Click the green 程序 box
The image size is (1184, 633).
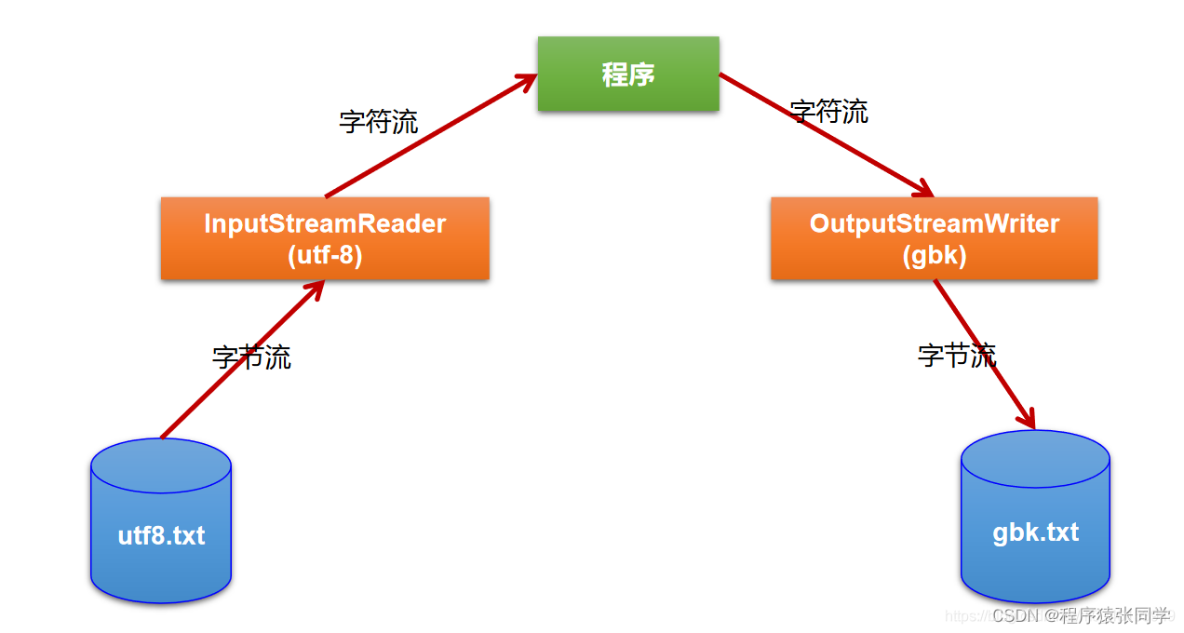[x=628, y=74]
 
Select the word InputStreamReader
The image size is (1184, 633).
[x=325, y=224]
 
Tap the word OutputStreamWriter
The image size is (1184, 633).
[x=935, y=224]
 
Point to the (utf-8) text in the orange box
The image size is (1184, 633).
[x=325, y=255]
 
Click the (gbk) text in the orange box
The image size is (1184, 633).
[x=935, y=255]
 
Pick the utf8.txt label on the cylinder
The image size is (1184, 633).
[x=161, y=536]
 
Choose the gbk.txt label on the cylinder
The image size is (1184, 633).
[x=1035, y=532]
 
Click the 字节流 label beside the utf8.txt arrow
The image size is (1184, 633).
[x=251, y=357]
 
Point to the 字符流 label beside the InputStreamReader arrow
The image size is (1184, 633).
[x=379, y=121]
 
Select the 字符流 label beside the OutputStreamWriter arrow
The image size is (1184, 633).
[x=829, y=112]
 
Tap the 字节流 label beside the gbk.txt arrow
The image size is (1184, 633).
[x=957, y=355]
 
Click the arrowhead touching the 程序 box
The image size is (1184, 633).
[x=526, y=81]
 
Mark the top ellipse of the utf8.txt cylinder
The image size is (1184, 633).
[x=161, y=465]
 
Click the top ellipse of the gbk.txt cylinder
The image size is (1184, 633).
[x=1035, y=459]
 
